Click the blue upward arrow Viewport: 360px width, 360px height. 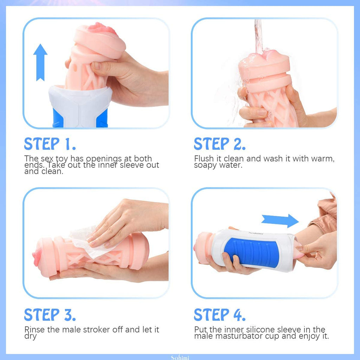(40, 63)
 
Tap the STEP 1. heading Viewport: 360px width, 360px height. (50, 144)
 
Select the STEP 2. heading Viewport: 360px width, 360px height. (220, 144)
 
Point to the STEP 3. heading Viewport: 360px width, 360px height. (50, 315)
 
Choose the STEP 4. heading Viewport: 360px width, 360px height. (220, 315)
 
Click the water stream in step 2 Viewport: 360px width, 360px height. (259, 37)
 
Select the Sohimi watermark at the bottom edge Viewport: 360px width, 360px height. (180, 358)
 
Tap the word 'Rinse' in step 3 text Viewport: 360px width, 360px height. (35, 329)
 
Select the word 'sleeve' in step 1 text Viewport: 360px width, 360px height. (132, 165)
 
